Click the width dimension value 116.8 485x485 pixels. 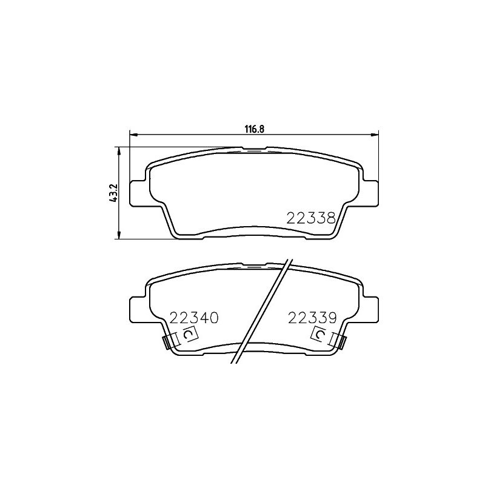[x=255, y=129]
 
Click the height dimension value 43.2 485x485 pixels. [x=113, y=193]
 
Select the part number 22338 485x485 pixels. [x=311, y=218]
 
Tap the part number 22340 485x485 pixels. [x=195, y=318]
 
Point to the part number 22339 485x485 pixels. [x=312, y=318]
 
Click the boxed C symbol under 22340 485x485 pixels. [x=189, y=335]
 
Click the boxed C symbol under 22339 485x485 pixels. [x=320, y=335]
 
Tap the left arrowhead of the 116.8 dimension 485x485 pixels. [x=133, y=134]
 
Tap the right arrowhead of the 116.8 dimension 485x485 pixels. [x=375, y=134]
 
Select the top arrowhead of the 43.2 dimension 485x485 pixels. [x=118, y=151]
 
